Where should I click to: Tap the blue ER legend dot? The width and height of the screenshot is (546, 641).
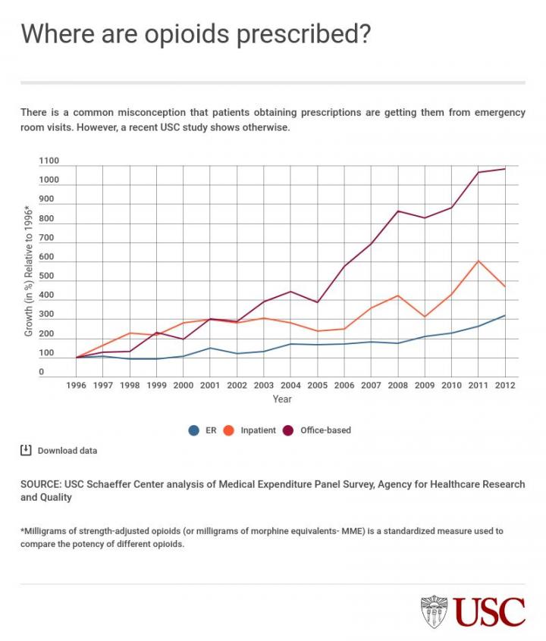[193, 430]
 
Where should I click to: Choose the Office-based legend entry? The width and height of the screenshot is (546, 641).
[318, 430]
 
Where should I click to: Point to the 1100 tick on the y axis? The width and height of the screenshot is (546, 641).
[49, 161]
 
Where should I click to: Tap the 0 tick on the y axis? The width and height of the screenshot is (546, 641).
[42, 373]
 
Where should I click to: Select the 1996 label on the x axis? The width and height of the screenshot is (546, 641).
[77, 385]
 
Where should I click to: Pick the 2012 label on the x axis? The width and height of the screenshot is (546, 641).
[506, 385]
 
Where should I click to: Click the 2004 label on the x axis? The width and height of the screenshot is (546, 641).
[291, 385]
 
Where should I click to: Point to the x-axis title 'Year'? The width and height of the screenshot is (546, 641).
[282, 399]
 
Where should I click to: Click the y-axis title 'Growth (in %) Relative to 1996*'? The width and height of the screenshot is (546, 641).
[29, 270]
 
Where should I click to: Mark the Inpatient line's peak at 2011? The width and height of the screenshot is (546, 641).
[479, 261]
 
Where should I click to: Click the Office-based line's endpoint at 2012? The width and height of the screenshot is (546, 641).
[505, 169]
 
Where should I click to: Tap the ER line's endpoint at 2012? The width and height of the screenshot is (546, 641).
[505, 315]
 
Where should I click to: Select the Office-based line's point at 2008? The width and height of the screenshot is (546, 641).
[398, 211]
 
